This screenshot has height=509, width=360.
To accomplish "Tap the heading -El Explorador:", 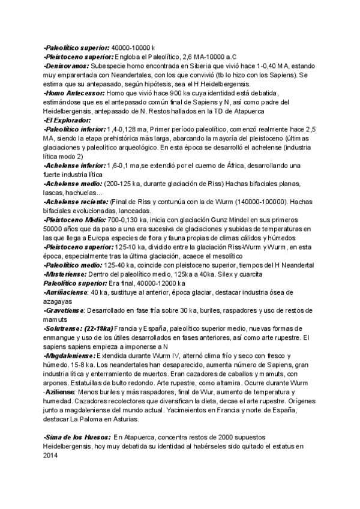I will (67, 120).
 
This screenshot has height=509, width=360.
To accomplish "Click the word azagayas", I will (59, 301).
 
